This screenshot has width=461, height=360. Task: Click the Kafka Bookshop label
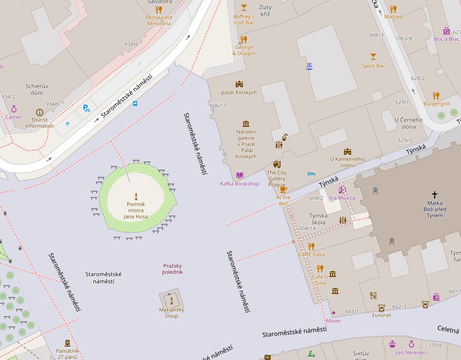point(239,184)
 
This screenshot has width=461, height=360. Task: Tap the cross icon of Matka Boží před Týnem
point(434,194)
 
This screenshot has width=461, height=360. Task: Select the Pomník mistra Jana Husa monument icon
point(136,196)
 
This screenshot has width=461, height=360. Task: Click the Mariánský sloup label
point(171,313)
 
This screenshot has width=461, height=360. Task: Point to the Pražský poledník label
point(172,269)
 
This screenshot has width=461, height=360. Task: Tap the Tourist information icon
point(39,112)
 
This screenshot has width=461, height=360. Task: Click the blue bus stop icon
point(135,103)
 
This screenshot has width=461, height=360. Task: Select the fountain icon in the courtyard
point(310,67)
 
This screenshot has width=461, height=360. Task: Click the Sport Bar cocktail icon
point(373,57)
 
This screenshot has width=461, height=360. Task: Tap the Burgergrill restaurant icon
point(436,95)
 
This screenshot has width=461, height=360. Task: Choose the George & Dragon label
point(243,50)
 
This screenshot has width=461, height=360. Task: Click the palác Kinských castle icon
point(239,84)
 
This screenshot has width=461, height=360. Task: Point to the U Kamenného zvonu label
point(347,162)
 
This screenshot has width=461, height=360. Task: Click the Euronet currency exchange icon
point(374,296)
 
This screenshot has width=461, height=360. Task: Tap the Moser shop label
point(334,321)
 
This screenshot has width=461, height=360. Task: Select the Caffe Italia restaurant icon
point(311,246)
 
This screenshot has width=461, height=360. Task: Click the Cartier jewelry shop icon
point(13,109)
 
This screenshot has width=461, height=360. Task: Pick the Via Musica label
point(342,198)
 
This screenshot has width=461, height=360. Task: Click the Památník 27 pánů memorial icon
point(67,342)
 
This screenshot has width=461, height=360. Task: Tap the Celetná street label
point(448,329)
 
